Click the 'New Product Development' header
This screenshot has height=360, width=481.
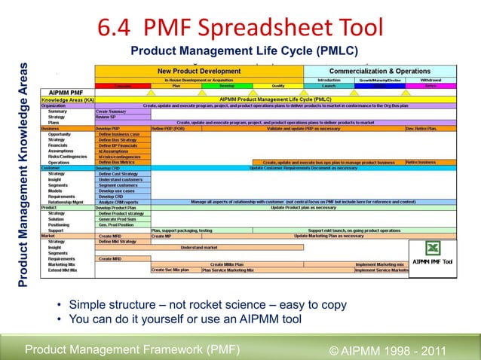[199, 71]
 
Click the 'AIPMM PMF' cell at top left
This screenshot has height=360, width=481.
[66, 92]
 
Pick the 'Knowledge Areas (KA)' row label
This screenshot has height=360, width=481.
[68, 99]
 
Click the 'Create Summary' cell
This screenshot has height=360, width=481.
[112, 111]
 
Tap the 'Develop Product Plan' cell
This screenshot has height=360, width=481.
[116, 207]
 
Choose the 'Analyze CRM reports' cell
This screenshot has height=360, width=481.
[118, 202]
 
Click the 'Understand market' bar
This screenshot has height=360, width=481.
[199, 246]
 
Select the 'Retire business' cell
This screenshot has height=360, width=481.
[421, 162]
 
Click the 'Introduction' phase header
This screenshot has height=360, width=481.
[329, 79]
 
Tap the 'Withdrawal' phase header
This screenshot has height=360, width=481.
[431, 79]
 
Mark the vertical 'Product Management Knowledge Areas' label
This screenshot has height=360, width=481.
[23, 173]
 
